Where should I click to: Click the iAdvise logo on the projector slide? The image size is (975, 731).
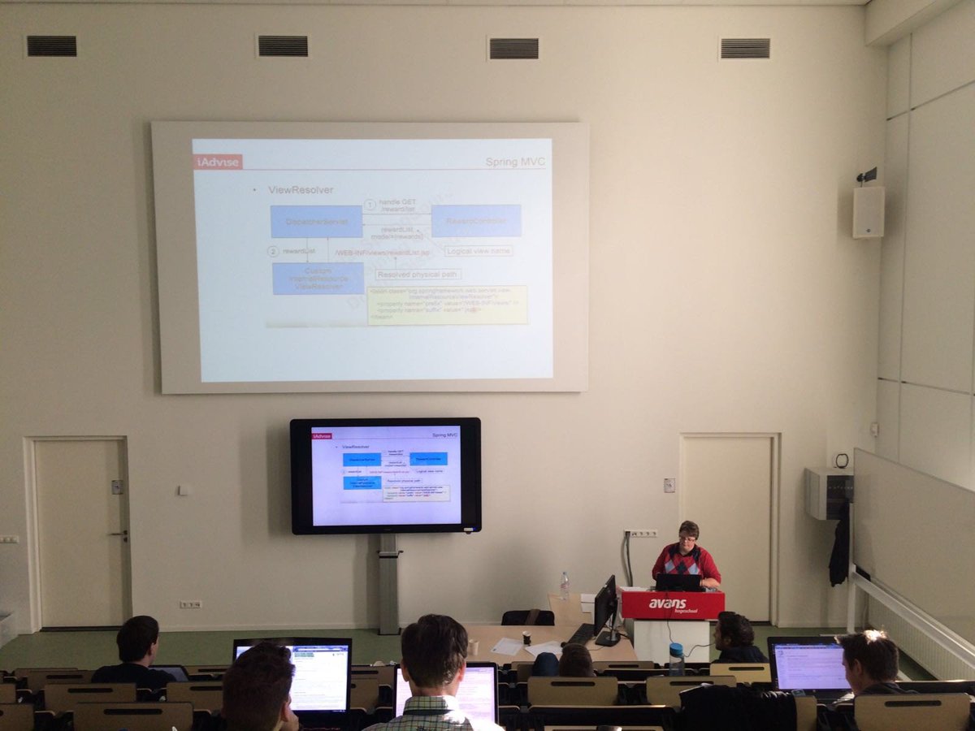pos(218,162)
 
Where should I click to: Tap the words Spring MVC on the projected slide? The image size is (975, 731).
pos(515,162)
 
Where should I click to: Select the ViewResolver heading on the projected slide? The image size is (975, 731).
pos(301,190)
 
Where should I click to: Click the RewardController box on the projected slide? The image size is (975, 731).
pos(475,221)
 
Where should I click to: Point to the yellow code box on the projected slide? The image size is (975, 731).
pos(447,305)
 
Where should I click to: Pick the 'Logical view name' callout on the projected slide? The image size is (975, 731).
pos(479,251)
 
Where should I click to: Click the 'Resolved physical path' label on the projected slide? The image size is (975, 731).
pos(418,275)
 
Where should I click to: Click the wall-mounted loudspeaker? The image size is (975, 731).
pos(868,211)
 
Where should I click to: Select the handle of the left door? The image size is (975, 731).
pos(120,534)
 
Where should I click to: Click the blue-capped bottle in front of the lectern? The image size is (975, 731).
pos(676,659)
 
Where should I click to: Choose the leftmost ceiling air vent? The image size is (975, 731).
pos(51,46)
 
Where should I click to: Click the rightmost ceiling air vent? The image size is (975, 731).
pos(745,49)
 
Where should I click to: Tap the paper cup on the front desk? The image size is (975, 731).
pos(526,638)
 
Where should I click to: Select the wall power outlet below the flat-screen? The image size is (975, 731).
pos(190,604)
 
